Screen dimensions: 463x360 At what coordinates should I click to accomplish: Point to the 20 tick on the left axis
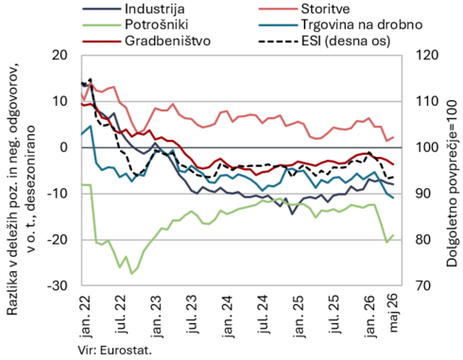coord(60,55)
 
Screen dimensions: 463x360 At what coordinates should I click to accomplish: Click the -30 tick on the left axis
coord(58,285)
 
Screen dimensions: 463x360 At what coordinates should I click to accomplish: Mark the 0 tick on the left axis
coord(64,147)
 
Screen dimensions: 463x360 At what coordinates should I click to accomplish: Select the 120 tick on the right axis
coord(427,55)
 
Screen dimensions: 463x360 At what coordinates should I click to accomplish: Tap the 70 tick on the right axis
coord(423,285)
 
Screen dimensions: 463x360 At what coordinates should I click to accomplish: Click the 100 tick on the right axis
coord(427,147)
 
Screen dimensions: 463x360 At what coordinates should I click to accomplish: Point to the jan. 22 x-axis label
coord(85,316)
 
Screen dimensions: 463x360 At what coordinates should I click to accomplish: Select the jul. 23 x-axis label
coord(192,314)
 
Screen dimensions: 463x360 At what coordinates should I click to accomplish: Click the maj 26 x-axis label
coord(394,313)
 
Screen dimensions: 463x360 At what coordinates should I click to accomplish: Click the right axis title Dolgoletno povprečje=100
coord(452,183)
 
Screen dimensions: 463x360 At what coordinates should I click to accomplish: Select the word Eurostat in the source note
coord(126,350)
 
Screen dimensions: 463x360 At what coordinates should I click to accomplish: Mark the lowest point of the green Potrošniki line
coord(132,274)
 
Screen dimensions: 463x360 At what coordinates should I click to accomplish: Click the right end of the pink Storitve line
coord(393,137)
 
